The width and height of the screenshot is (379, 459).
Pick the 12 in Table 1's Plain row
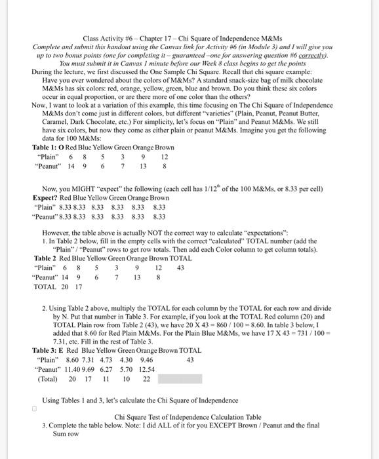[x=164, y=157]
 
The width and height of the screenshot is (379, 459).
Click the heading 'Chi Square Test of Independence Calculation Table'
[x=188, y=416]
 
